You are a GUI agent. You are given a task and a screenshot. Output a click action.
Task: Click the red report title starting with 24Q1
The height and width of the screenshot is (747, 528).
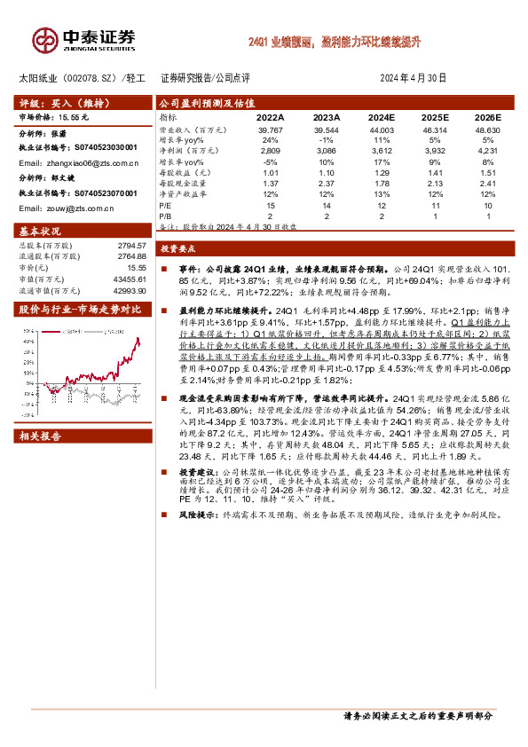[x=334, y=41]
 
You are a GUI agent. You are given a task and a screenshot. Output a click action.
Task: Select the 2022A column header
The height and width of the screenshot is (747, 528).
[x=270, y=117]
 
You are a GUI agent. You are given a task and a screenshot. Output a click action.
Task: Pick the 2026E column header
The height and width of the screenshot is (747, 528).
[x=487, y=117]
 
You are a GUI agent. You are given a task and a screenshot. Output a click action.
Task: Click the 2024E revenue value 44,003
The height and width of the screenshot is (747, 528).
[x=378, y=130]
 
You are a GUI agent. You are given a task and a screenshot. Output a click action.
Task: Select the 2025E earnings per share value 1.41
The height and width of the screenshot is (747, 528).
[x=432, y=172]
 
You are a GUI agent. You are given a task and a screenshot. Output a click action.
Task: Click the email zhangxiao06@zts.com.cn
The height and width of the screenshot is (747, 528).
[x=79, y=163]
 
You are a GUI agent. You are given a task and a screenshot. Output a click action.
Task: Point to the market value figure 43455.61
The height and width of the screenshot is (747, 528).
[x=130, y=279]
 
